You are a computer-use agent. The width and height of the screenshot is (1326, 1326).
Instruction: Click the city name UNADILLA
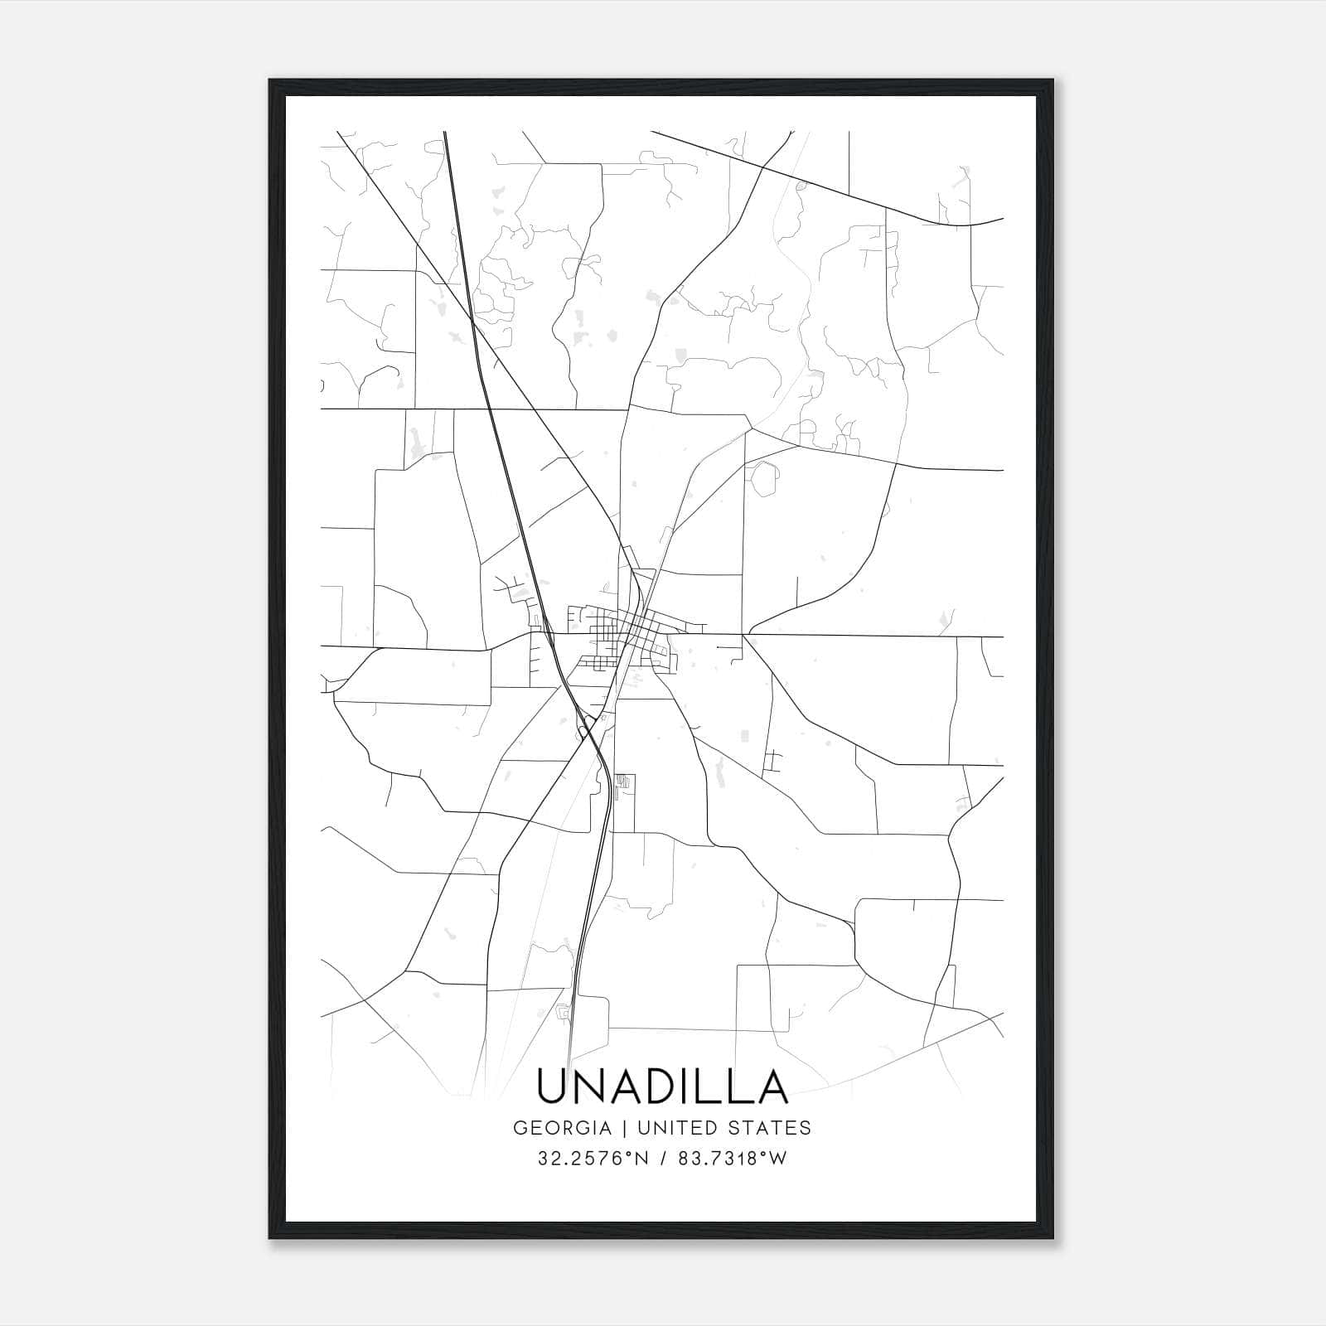coord(662,1086)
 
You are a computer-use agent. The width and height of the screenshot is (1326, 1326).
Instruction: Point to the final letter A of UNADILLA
coord(769,1086)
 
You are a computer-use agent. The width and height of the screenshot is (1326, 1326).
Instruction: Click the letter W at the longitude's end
coord(778,1159)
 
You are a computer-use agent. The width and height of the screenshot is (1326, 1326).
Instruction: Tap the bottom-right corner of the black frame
coord(1053,1239)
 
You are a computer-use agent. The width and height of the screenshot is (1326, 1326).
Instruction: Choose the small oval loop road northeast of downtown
coord(761,479)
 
